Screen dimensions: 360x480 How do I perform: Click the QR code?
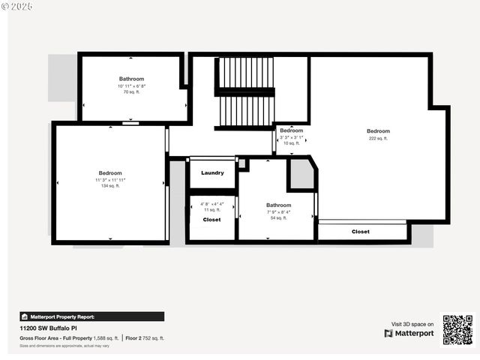click(x=457, y=329)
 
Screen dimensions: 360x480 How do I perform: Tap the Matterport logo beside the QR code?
click(x=409, y=333)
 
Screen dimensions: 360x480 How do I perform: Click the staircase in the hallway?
click(x=244, y=91)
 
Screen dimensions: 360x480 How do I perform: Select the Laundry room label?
click(x=212, y=173)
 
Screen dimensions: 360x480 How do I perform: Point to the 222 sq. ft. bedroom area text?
click(x=378, y=139)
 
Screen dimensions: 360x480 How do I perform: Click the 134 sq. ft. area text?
click(x=110, y=186)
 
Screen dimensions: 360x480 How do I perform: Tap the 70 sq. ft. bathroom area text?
click(x=131, y=92)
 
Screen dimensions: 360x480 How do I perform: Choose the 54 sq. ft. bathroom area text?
click(x=278, y=218)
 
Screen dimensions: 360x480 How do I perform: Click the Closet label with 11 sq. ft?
click(x=211, y=220)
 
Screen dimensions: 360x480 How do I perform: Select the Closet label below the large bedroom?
click(x=361, y=232)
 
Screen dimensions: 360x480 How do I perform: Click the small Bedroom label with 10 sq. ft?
click(x=292, y=130)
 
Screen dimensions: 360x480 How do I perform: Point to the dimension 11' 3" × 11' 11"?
click(x=110, y=180)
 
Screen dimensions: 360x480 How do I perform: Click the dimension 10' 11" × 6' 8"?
click(x=131, y=86)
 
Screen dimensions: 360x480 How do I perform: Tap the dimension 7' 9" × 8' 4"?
click(x=278, y=212)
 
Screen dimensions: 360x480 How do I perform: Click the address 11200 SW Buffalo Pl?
click(x=49, y=328)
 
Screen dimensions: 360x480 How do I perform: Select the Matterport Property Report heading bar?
click(x=91, y=316)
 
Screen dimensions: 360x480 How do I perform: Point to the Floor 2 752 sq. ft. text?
click(x=145, y=338)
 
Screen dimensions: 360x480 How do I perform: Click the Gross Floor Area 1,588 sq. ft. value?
click(x=106, y=338)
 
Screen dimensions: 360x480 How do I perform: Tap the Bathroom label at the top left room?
click(x=131, y=79)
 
